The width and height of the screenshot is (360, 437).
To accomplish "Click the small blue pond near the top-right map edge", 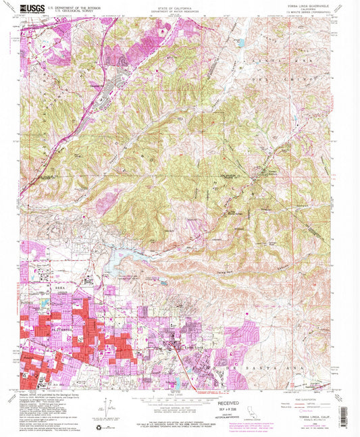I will [x=241, y=43].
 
